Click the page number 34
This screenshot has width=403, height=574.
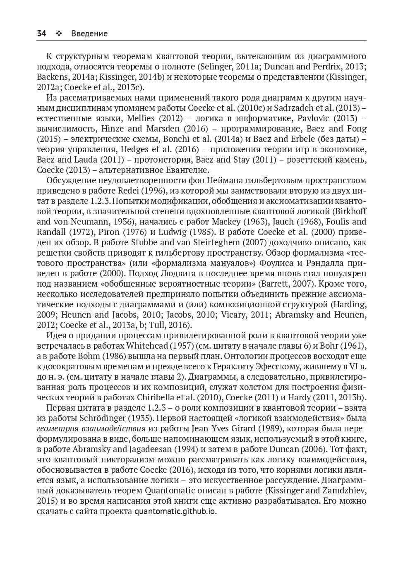click(x=41, y=33)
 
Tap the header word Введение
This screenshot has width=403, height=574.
click(x=89, y=33)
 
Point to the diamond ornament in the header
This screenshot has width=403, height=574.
click(x=58, y=33)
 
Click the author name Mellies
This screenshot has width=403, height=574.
click(x=141, y=118)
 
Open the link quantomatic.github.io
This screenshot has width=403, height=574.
click(x=175, y=511)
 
